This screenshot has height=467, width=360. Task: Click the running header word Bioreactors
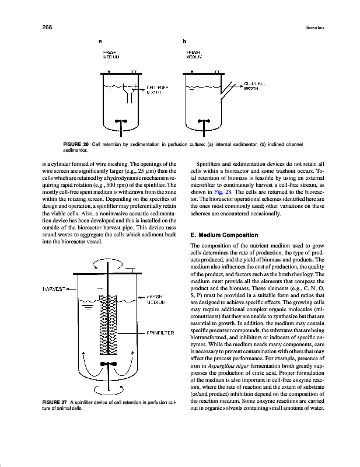tap(315, 27)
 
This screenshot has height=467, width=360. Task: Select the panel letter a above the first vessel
tap(100, 42)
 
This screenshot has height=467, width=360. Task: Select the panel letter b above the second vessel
tap(184, 42)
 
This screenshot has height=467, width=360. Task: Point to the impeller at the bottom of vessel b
tap(204, 121)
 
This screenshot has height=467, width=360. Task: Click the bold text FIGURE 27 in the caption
tap(55, 402)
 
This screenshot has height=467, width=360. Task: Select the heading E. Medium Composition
tap(224, 235)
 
